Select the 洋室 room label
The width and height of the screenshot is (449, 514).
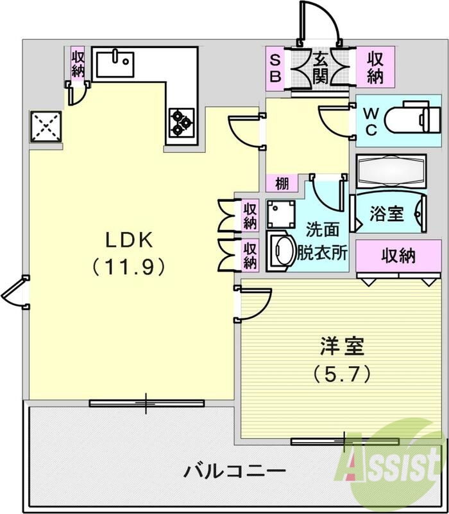coord(343,347)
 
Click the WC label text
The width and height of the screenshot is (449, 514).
coord(371,120)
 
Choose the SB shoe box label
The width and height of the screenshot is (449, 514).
coord(275,67)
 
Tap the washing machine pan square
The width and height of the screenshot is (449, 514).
coord(280,213)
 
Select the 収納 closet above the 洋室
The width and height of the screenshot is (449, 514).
coord(398,256)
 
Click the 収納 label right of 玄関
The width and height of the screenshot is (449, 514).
coord(376,67)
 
